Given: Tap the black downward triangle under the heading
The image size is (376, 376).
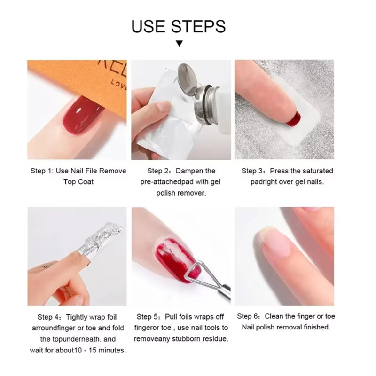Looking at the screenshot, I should point(179,44).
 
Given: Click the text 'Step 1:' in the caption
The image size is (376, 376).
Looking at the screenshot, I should point(42,171).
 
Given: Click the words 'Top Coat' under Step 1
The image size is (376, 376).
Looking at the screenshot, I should point(78,182).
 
